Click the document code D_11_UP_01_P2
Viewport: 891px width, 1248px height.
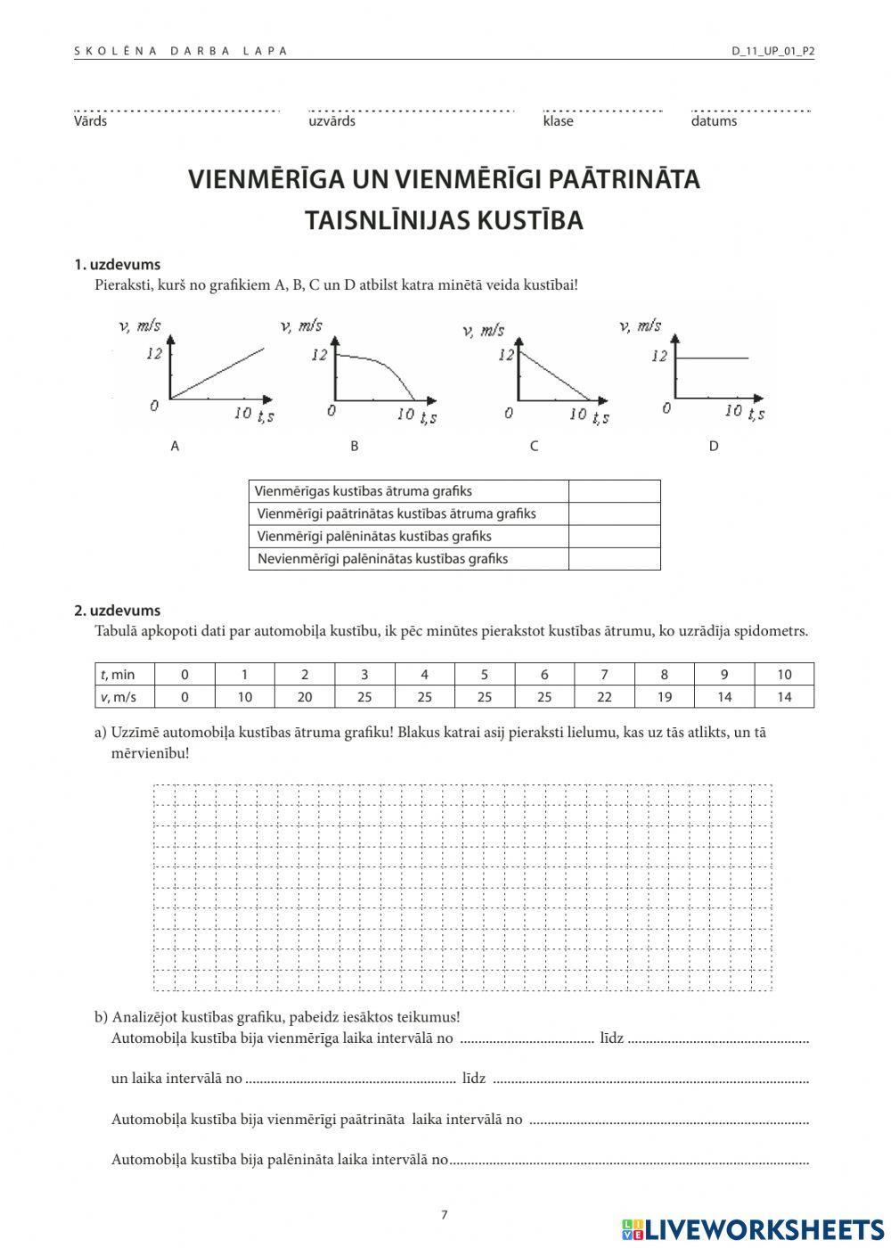coord(772,51)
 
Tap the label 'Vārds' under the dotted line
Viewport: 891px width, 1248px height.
coord(90,121)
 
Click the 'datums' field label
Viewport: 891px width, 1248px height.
coord(714,121)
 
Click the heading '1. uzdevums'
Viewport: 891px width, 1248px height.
coord(117,265)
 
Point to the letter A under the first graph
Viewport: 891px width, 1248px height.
coord(175,446)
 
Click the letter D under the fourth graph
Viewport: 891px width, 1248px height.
coord(713,446)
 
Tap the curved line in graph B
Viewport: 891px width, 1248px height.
coord(383,365)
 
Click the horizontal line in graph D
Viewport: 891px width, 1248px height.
coord(713,358)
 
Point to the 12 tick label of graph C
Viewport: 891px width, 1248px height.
coord(506,355)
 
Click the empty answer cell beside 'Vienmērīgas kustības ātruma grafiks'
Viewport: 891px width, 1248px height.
coord(614,491)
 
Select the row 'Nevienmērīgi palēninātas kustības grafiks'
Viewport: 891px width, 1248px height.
coord(382,559)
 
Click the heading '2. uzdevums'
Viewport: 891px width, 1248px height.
coord(117,611)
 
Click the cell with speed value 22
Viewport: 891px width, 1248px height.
coord(604,697)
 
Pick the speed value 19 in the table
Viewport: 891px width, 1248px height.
coord(664,697)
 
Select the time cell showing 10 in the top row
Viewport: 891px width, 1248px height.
coord(784,675)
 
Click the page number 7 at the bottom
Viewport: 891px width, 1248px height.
coord(445,1214)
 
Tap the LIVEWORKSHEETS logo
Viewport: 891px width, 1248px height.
coord(753,1230)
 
